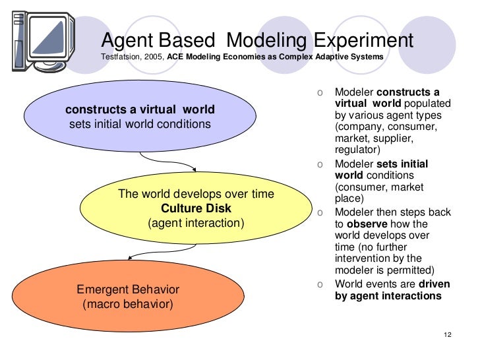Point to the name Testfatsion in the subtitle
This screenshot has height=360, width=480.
(119, 57)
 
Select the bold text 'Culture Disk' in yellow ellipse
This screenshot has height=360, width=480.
(196, 208)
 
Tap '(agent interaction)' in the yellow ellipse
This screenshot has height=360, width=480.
(196, 223)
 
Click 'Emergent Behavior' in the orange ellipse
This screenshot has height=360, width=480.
(128, 289)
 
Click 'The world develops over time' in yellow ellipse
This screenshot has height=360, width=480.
(196, 194)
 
